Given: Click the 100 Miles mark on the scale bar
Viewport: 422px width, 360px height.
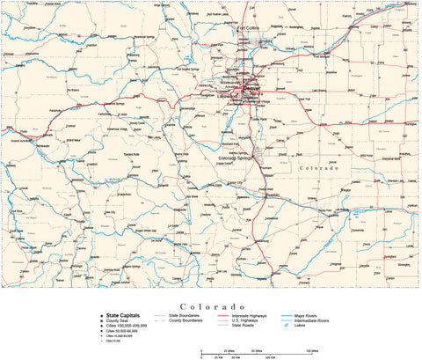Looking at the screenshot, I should point(312,349).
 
